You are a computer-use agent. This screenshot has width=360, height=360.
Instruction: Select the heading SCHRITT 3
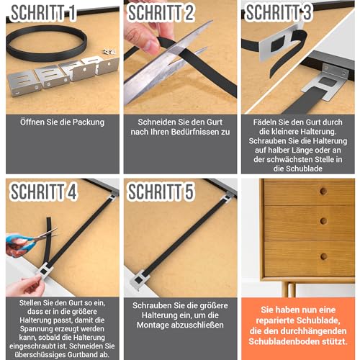pyautogui.click(x=282, y=14)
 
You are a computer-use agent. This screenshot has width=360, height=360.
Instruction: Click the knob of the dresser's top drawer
pyautogui.click(x=323, y=192)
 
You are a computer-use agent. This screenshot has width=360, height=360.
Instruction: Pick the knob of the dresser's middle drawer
pyautogui.click(x=323, y=223)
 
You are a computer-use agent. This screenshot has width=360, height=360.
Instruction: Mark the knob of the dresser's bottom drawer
pyautogui.click(x=323, y=256)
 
